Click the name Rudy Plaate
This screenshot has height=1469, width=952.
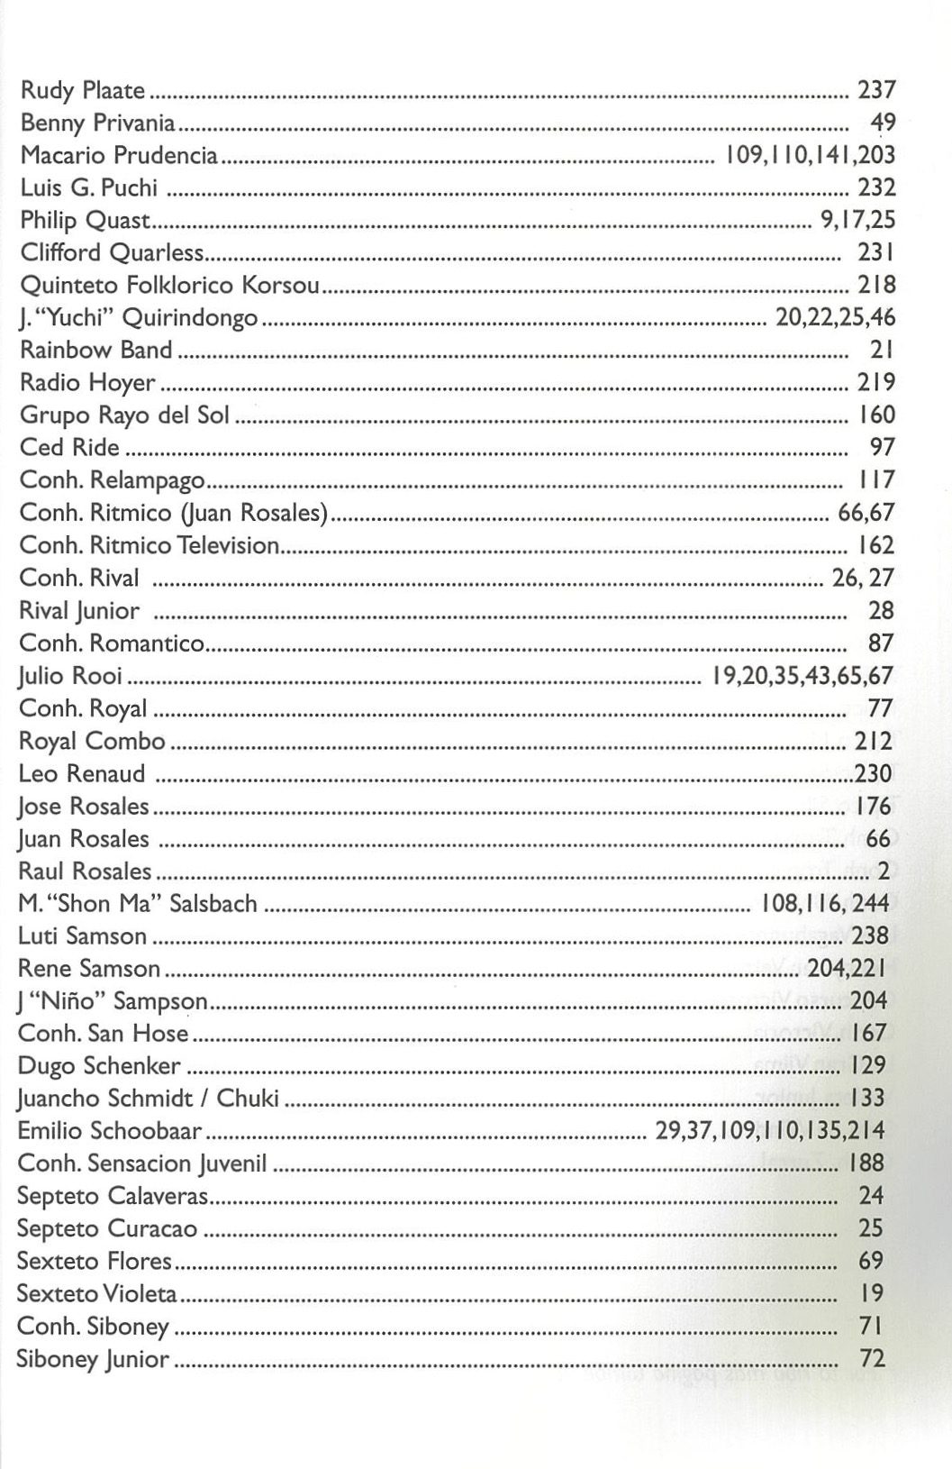pyautogui.click(x=83, y=91)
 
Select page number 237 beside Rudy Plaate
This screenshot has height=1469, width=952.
pyautogui.click(x=875, y=91)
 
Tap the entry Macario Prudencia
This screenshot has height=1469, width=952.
pyautogui.click(x=119, y=156)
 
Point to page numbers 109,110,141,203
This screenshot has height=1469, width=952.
pyautogui.click(x=804, y=156)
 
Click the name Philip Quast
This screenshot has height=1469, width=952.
pyautogui.click(x=85, y=221)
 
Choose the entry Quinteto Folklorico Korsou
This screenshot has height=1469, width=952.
pyautogui.click(x=169, y=286)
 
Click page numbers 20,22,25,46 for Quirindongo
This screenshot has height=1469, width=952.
pyautogui.click(x=835, y=318)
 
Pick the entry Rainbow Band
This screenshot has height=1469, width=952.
pyautogui.click(x=95, y=351)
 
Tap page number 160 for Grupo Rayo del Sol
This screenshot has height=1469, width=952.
pyautogui.click(x=876, y=415)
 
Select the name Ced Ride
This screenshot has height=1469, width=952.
pyautogui.click(x=69, y=448)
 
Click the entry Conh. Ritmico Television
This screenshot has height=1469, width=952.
pyautogui.click(x=149, y=545)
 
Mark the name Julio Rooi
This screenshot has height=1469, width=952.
pyautogui.click(x=70, y=676)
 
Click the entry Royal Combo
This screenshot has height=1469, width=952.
pyautogui.click(x=92, y=742)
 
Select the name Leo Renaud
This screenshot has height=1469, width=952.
pyautogui.click(x=81, y=774)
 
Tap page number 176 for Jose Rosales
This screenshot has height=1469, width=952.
pyautogui.click(x=873, y=806)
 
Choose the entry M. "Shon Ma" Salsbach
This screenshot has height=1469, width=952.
pyautogui.click(x=137, y=904)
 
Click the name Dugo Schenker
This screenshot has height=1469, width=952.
pyautogui.click(x=99, y=1066)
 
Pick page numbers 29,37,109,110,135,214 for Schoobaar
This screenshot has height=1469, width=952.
pyautogui.click(x=770, y=1131)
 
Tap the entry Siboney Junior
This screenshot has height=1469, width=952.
pyautogui.click(x=93, y=1359)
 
